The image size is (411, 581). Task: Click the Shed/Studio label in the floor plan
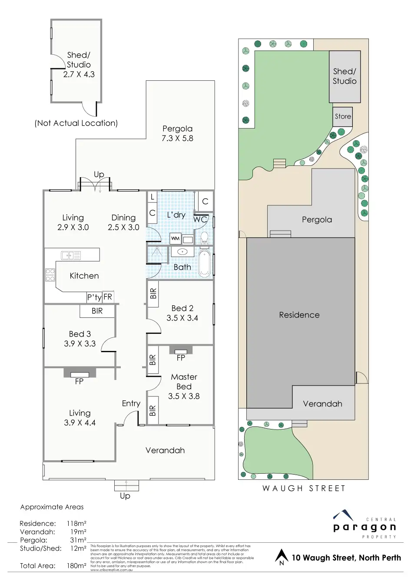79,60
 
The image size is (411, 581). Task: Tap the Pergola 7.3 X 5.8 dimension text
177,139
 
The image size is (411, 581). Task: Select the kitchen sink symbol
71,255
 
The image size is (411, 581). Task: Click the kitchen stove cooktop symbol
50,275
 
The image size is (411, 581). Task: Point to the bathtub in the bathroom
204,263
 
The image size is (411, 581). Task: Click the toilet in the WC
204,238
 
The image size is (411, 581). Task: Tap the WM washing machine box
175,238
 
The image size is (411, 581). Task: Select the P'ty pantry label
94,297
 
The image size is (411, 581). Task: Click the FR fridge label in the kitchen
108,297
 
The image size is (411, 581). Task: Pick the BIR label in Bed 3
97,311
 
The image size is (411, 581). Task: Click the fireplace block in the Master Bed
181,350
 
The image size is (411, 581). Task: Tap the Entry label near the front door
131,403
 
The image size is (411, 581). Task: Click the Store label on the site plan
343,116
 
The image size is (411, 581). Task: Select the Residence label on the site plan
299,315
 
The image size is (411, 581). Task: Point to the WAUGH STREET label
304,489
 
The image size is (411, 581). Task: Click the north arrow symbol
282,557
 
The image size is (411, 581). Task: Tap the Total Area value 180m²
76,566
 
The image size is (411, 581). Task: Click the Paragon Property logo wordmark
365,527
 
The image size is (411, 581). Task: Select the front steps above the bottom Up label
126,485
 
